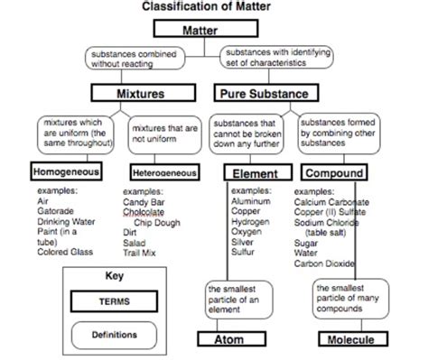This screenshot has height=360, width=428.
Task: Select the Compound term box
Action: tap(334, 172)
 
